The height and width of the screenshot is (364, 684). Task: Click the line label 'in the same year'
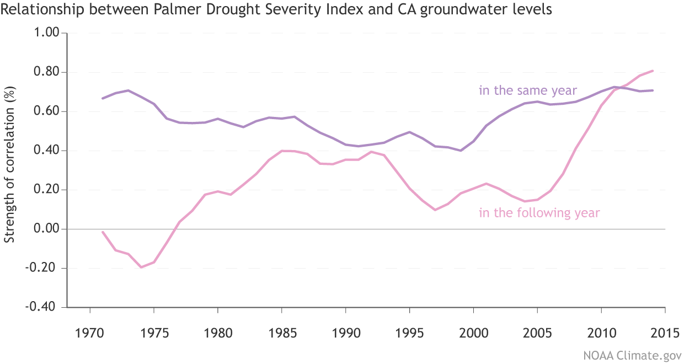pos(527,91)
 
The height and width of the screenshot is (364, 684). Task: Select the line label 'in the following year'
pos(539,213)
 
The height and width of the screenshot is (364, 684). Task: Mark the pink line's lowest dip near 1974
pos(141,267)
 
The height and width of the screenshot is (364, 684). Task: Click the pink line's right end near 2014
pos(653,71)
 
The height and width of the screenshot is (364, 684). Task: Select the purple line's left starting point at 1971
pos(103,98)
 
